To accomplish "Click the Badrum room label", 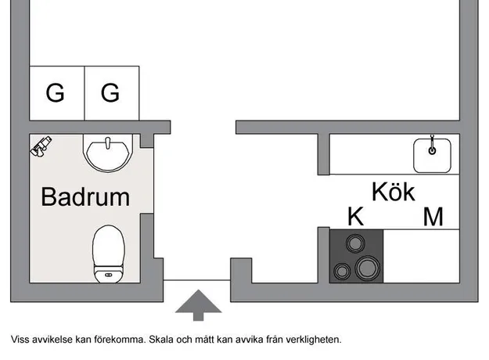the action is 85,197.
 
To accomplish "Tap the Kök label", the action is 394,192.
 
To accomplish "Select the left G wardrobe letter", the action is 56,92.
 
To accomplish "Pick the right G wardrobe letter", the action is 110,92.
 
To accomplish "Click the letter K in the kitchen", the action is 355,216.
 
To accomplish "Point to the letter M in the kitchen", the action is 433,216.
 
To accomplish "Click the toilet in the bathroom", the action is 109,254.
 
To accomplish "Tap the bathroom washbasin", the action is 108,153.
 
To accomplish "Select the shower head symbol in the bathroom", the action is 41,146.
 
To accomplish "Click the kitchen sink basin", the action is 432,156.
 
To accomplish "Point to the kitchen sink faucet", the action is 432,145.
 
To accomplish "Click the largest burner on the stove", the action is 368,268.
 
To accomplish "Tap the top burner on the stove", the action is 355,243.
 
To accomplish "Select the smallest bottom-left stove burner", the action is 342,272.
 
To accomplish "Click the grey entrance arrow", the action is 199,305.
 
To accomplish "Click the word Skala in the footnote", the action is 161,339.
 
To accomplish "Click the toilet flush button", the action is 109,275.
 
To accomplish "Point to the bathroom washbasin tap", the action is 108,143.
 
